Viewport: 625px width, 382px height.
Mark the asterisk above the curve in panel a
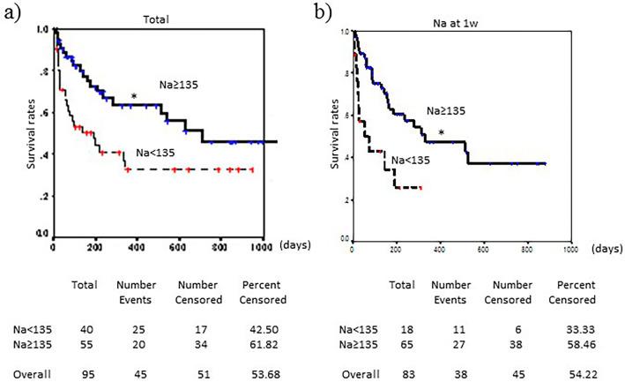click(134, 97)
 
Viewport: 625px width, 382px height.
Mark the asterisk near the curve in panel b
click(465, 133)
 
